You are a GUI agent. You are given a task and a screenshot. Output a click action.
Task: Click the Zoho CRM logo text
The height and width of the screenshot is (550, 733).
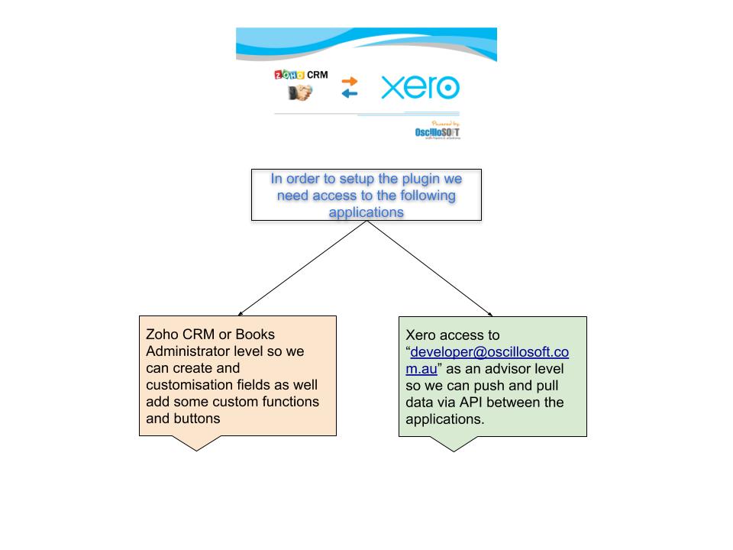coord(301,75)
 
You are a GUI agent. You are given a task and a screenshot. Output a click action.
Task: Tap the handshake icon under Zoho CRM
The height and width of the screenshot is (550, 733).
coord(299,92)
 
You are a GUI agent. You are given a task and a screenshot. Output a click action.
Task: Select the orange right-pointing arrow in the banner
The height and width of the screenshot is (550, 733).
coord(349,81)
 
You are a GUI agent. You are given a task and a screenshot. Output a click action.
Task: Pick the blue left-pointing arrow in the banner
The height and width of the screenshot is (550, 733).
coord(349,94)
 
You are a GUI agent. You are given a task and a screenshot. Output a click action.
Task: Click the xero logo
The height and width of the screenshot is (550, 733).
coord(420,88)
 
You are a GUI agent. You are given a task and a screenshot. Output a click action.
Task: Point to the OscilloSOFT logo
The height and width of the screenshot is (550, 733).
coord(438,131)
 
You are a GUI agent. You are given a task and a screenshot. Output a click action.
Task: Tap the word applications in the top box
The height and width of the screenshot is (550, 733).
coord(366,212)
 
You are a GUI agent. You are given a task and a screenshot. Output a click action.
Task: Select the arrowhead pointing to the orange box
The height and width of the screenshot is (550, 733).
coord(241,312)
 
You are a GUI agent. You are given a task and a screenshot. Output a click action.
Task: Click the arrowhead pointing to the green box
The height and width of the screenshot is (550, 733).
coord(489,312)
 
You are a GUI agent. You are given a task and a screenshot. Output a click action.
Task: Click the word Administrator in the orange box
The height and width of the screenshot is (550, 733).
coord(191,351)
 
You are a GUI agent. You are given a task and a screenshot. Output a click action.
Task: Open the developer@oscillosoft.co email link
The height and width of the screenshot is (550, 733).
coord(489,352)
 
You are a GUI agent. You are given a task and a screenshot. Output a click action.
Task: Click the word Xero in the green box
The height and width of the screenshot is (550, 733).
coord(421,335)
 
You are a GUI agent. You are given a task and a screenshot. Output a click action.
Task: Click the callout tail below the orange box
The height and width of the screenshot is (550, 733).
coord(197,442)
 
